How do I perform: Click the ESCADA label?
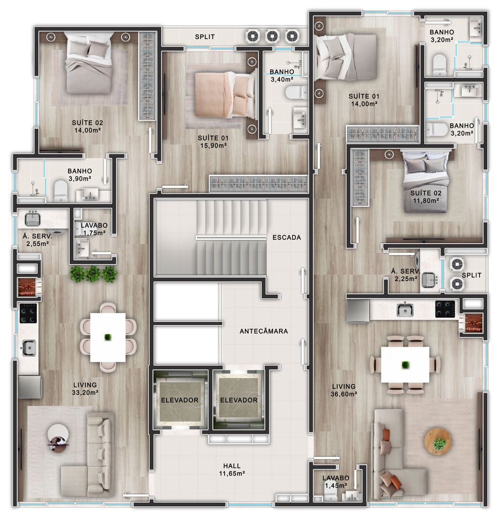[x=287, y=237]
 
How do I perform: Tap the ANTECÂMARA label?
[x=264, y=331]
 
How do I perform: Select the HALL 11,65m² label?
[x=232, y=470]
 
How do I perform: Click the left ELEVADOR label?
[x=179, y=400]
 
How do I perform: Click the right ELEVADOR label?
[x=239, y=400]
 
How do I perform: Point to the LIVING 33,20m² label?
[x=85, y=389]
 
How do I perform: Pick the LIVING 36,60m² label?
[x=344, y=390]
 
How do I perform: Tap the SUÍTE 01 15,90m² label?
[x=213, y=142]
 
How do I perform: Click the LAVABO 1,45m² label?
[x=336, y=482]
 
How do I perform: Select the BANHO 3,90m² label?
[x=80, y=175]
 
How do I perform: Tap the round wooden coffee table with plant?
[x=438, y=441]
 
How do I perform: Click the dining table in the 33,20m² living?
[x=108, y=337]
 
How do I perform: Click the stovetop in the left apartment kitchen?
[x=28, y=313]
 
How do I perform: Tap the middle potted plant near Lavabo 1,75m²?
[x=93, y=274]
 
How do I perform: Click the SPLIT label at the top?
[x=205, y=37]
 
